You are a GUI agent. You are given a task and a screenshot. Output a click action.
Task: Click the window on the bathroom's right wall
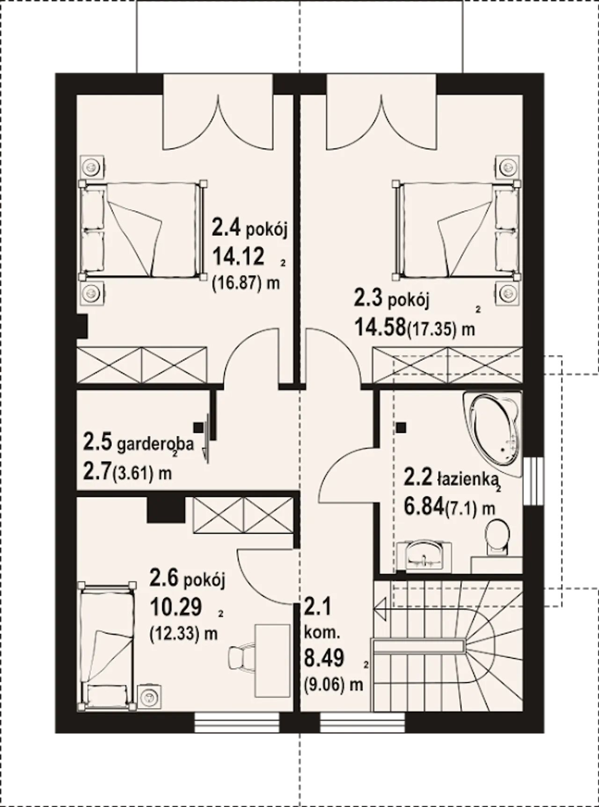(x=533, y=480)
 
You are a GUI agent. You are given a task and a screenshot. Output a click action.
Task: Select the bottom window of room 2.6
(x=237, y=723)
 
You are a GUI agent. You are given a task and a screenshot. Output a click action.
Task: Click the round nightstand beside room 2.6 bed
(x=150, y=694)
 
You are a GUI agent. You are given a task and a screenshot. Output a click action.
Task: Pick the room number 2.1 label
(x=317, y=608)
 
